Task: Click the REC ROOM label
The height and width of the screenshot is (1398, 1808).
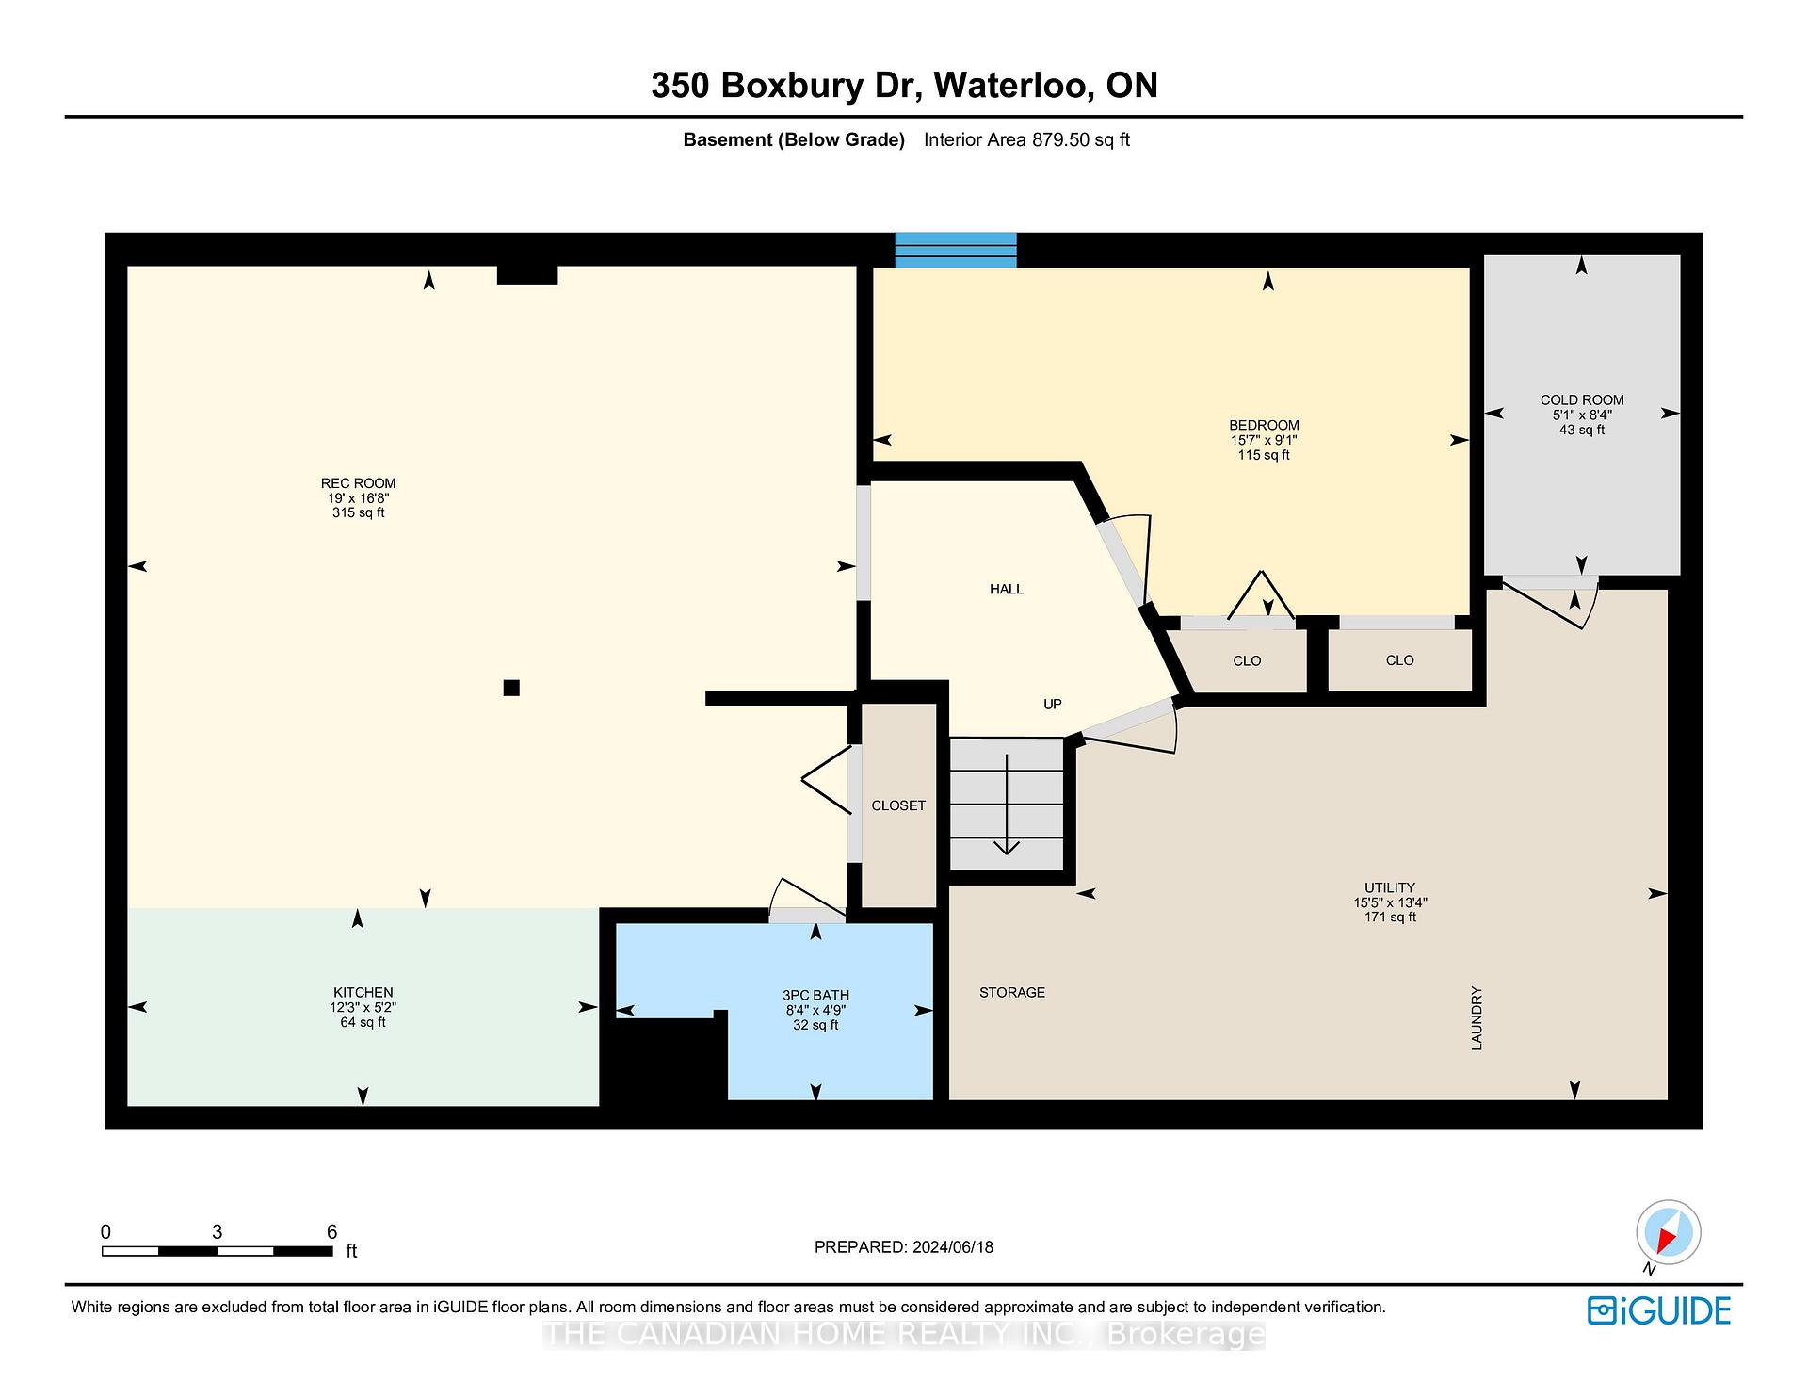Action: pyautogui.click(x=358, y=483)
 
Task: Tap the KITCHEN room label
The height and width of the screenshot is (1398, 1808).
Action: pyautogui.click(x=363, y=992)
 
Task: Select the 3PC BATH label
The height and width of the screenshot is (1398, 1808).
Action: pyautogui.click(x=815, y=995)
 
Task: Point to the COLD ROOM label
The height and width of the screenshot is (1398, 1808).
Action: pyautogui.click(x=1582, y=399)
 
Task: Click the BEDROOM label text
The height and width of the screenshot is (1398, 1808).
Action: pyautogui.click(x=1264, y=425)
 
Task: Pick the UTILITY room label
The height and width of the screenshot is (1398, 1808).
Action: pyautogui.click(x=1390, y=887)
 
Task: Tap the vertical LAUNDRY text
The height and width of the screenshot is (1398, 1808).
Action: pyautogui.click(x=1477, y=1018)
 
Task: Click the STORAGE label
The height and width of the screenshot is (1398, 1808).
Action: pyautogui.click(x=1012, y=992)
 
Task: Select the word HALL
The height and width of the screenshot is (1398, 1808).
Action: pyautogui.click(x=1007, y=589)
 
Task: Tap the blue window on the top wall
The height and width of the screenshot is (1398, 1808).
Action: pyautogui.click(x=955, y=250)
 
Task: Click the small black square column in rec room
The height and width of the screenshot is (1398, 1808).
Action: pyautogui.click(x=511, y=688)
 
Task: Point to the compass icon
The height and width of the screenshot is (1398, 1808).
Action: pyautogui.click(x=1668, y=1233)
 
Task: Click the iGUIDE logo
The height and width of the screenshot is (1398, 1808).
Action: pyautogui.click(x=1659, y=1310)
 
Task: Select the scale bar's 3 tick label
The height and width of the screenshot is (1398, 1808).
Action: pyautogui.click(x=217, y=1232)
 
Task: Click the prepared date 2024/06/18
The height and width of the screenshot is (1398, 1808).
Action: pyautogui.click(x=953, y=1246)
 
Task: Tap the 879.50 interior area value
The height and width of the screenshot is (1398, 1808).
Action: pyautogui.click(x=1061, y=139)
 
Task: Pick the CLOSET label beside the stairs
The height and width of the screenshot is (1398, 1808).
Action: pyautogui.click(x=898, y=805)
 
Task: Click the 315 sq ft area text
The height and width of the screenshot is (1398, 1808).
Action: pyautogui.click(x=358, y=512)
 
